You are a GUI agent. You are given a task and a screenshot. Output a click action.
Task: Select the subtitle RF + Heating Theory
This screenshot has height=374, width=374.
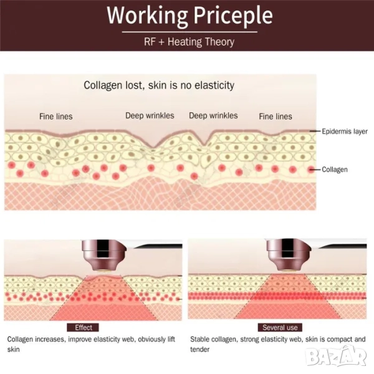tap(188, 42)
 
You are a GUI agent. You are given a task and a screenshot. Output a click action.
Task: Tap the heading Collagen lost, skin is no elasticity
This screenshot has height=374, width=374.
tap(159, 85)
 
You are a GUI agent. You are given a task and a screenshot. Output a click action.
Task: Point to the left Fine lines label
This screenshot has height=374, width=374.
tap(55, 116)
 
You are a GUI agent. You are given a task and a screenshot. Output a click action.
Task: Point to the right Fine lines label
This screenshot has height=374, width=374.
tap(275, 116)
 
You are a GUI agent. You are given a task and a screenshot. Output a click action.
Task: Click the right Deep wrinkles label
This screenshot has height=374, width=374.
tap(213, 115)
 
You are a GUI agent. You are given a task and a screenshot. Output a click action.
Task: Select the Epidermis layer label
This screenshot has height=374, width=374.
tap(345, 132)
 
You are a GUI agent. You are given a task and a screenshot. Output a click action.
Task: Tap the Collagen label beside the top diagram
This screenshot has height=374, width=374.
tap(335, 170)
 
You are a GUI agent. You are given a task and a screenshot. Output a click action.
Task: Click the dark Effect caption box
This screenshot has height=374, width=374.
tap(84, 327)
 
